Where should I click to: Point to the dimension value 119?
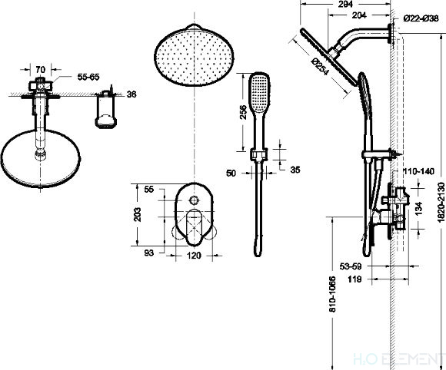coord(354,280)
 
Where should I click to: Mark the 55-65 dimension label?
coord(88,78)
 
